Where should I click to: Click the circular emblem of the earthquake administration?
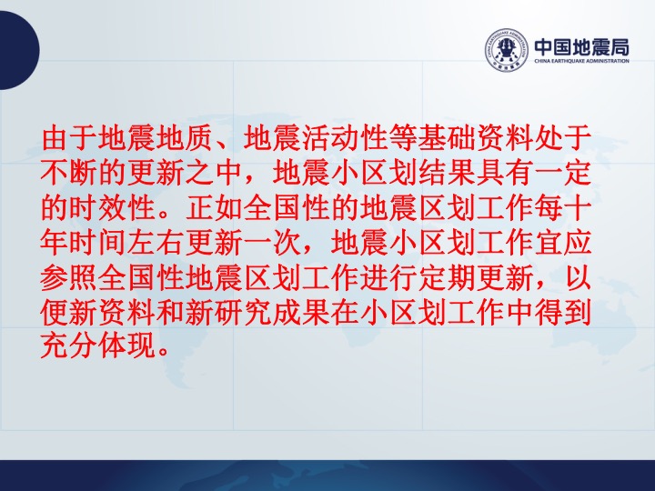tap(507, 50)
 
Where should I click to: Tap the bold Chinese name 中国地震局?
tap(582, 46)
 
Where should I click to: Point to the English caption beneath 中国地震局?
tap(582, 61)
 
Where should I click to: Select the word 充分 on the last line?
tap(70, 346)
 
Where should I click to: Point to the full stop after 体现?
tap(164, 353)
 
